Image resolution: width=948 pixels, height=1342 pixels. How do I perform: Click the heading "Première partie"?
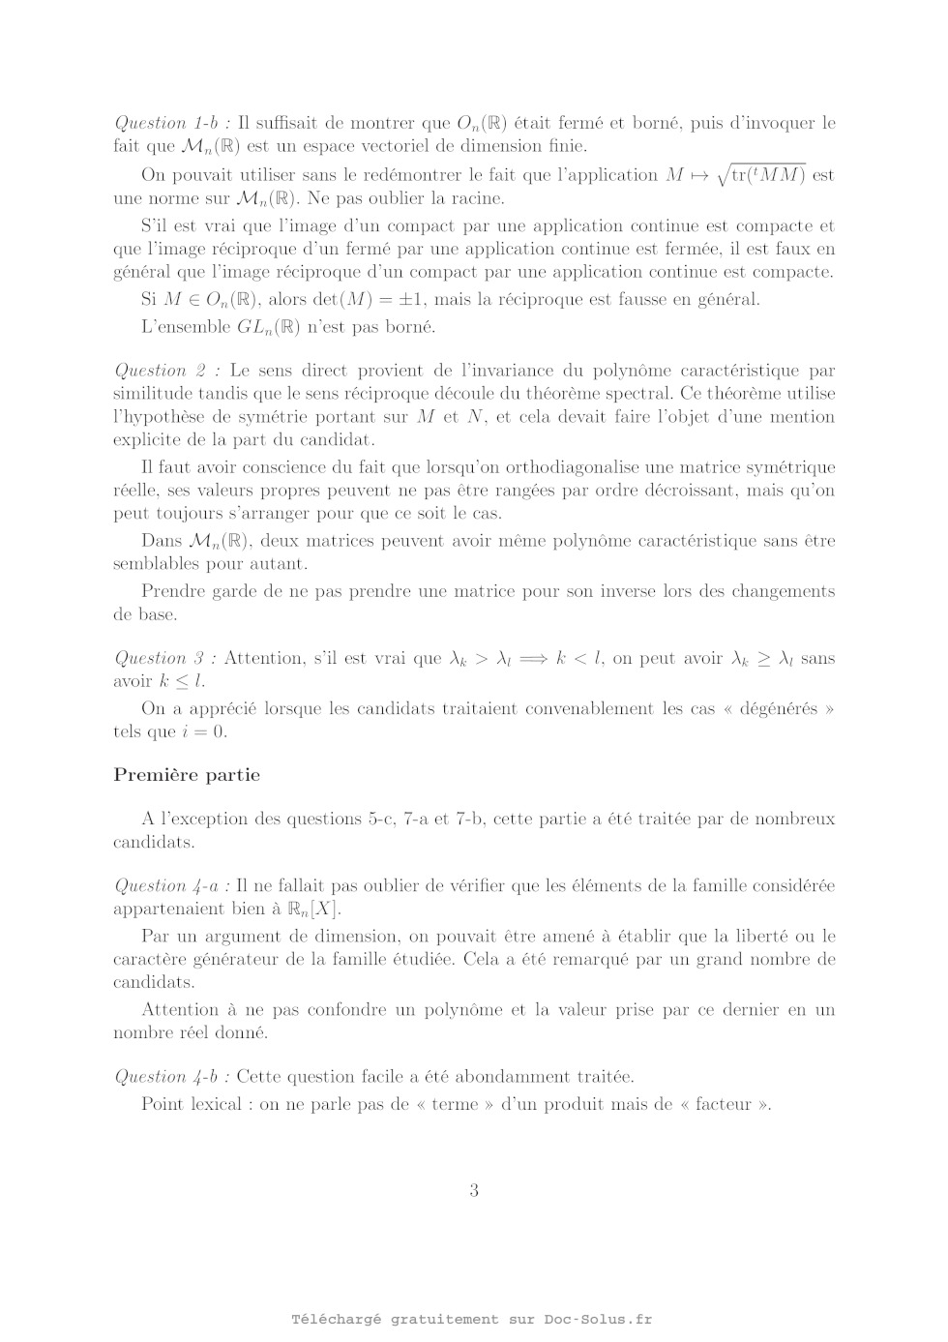pyautogui.click(x=187, y=775)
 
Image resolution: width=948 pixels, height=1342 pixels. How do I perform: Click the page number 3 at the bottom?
pyautogui.click(x=474, y=1191)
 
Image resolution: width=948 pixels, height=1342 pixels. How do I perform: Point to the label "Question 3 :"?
pyautogui.click(x=164, y=658)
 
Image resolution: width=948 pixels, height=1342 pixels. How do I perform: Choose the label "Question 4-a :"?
pyautogui.click(x=171, y=885)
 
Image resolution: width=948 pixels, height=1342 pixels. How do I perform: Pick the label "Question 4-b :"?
pyautogui.click(x=171, y=1076)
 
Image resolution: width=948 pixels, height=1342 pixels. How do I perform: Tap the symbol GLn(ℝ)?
pyautogui.click(x=269, y=327)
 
